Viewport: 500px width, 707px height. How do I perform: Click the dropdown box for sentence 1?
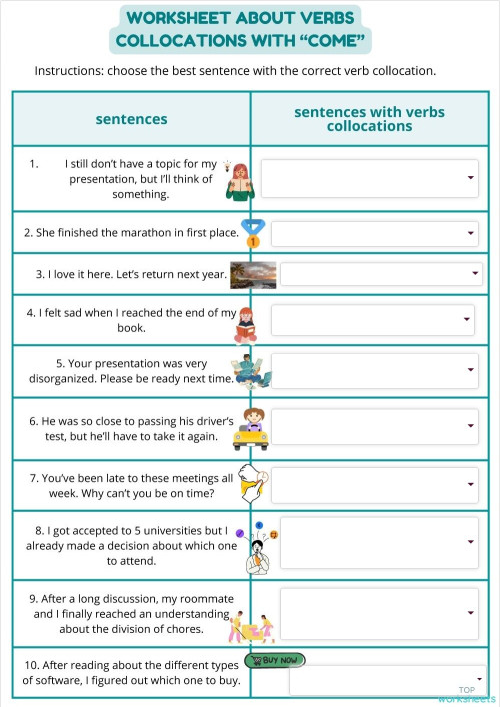[369, 178]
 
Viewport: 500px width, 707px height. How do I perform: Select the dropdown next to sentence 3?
[380, 273]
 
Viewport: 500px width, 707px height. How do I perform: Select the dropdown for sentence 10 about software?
[389, 680]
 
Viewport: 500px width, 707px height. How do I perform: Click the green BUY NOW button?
[274, 660]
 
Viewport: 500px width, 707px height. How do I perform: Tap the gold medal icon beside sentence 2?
[253, 233]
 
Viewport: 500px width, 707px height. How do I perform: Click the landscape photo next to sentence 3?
[253, 274]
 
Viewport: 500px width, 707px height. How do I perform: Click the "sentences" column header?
[131, 119]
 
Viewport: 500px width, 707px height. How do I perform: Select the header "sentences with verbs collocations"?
[369, 119]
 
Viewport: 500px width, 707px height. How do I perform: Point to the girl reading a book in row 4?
[247, 324]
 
